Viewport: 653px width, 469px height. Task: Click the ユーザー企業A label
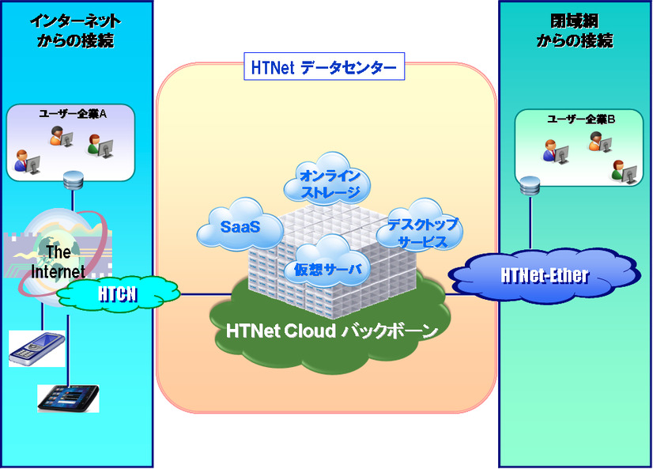tap(73, 114)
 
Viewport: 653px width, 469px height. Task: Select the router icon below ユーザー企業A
tap(74, 180)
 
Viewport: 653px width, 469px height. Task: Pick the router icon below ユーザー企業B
tap(530, 187)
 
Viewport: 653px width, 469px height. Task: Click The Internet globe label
tap(57, 262)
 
